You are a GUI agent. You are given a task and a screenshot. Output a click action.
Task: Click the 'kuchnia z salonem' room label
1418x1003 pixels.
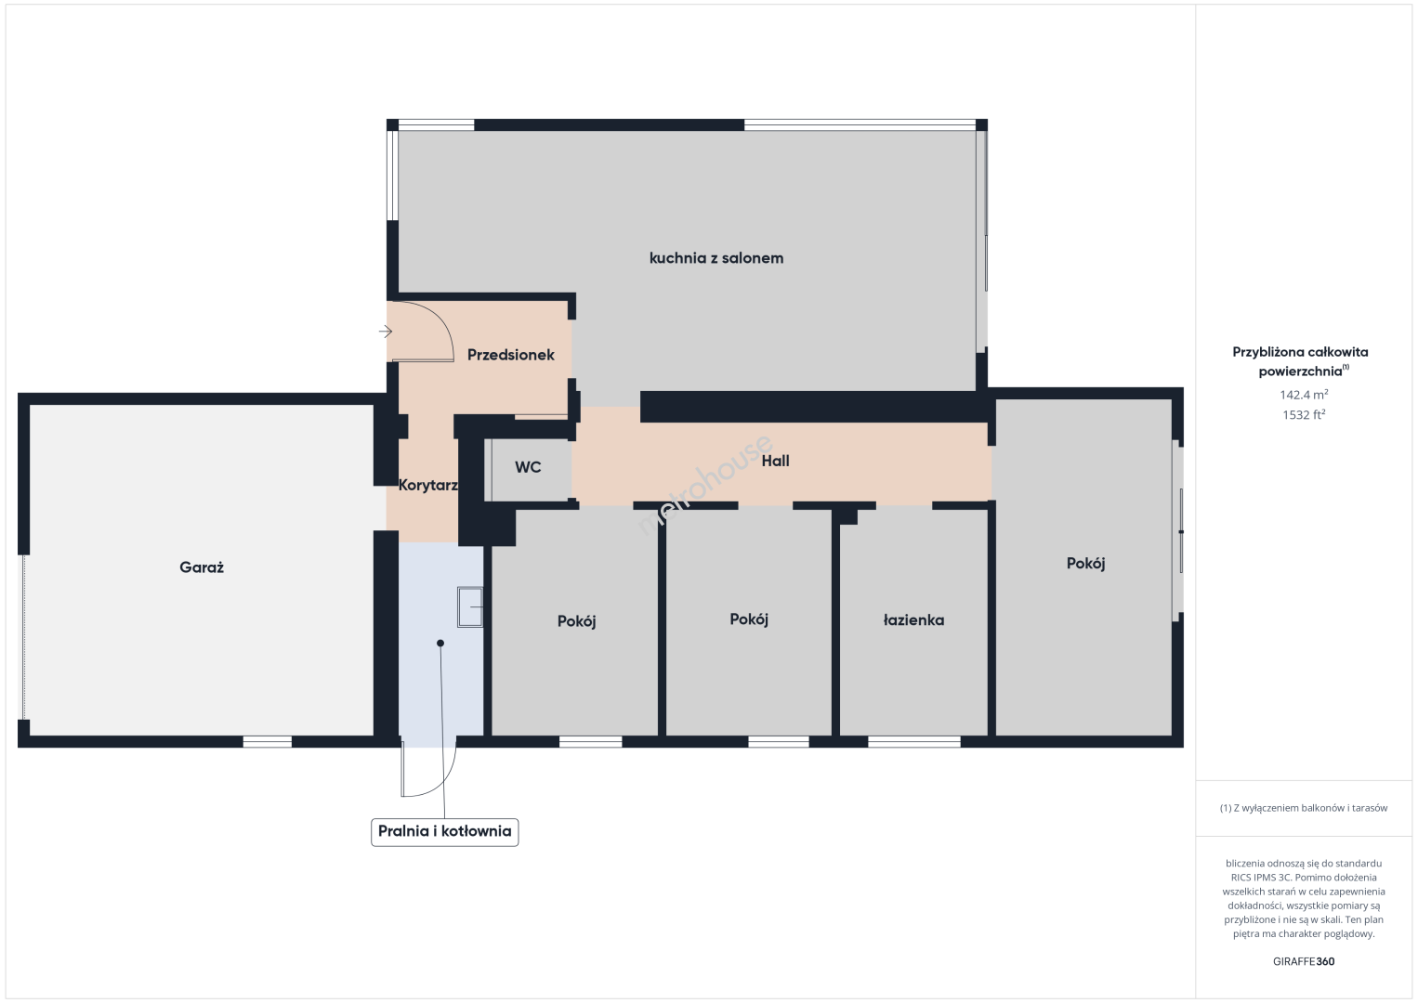tap(716, 258)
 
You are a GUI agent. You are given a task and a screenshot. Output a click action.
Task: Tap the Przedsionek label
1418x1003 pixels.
tap(510, 355)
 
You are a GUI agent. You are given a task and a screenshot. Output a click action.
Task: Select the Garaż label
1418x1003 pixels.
tap(202, 567)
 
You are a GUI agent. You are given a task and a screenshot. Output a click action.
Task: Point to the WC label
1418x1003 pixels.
tap(528, 467)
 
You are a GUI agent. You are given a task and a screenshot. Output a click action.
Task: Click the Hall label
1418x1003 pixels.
tap(776, 461)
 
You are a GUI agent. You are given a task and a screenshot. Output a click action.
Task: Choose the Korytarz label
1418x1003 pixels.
tap(428, 486)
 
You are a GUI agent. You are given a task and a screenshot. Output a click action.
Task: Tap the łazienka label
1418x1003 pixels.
tap(913, 620)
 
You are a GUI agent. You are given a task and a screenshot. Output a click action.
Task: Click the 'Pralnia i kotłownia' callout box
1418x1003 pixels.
tap(444, 831)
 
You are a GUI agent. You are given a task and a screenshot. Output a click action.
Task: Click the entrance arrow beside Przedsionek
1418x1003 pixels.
tap(386, 332)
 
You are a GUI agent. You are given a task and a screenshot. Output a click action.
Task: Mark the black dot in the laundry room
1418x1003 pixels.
tap(440, 643)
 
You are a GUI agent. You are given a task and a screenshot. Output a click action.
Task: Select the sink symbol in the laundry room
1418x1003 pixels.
tap(470, 606)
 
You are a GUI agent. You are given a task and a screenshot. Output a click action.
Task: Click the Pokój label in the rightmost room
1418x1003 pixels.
tap(1085, 563)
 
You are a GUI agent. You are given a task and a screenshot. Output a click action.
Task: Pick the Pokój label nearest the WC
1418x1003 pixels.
tap(576, 621)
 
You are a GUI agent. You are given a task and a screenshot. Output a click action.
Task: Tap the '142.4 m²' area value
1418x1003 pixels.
tap(1304, 395)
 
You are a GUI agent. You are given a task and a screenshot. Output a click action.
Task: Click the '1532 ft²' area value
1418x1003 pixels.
tap(1304, 414)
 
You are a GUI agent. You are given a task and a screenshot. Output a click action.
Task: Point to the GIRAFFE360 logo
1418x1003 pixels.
tap(1304, 961)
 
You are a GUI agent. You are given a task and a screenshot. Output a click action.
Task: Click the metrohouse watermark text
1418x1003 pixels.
tap(704, 485)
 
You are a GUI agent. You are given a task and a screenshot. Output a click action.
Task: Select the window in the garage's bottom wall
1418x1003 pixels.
tap(267, 742)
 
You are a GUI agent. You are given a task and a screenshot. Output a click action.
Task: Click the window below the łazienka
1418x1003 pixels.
tap(914, 742)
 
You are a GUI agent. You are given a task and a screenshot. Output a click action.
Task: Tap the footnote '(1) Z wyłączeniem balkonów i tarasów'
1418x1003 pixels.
tap(1304, 808)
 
